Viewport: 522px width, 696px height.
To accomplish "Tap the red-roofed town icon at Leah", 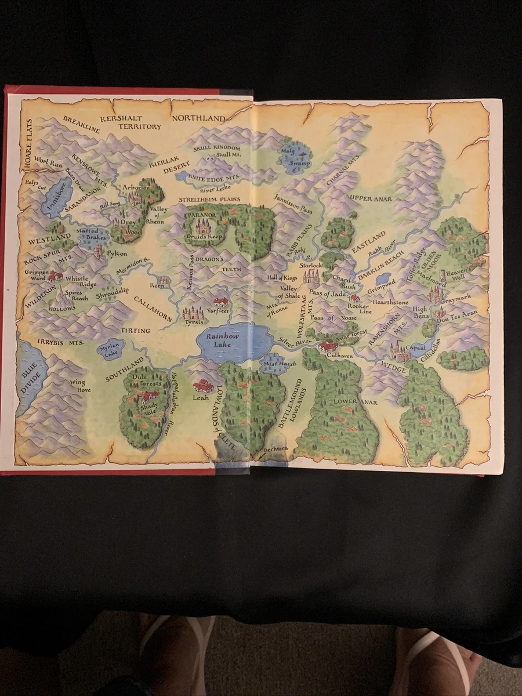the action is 202,385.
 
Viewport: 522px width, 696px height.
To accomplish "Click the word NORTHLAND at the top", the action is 198,119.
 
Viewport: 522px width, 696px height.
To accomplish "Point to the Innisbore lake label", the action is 59,196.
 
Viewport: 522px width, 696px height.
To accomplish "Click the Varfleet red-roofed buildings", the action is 220,302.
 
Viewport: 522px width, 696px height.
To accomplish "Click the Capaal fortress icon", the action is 400,351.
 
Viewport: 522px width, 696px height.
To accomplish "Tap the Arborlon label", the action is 136,188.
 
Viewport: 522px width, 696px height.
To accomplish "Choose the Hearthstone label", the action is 390,302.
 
